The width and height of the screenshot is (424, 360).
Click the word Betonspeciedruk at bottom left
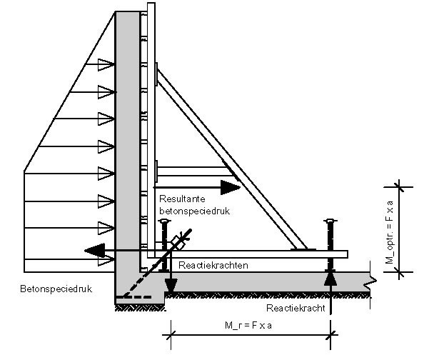point(56,289)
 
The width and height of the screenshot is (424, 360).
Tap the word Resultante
point(182,199)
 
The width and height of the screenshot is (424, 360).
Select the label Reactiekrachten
point(213,265)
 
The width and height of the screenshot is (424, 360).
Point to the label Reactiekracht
point(296,308)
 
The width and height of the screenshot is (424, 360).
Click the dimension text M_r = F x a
point(248,325)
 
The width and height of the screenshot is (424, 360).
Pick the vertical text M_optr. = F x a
point(390,232)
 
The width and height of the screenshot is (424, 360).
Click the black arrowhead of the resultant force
point(231,187)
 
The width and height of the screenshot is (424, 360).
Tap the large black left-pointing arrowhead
point(95,251)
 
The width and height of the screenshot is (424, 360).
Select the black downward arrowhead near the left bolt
point(171,286)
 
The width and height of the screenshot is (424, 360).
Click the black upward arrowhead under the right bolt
point(330,279)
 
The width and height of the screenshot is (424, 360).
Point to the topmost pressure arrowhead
point(106,65)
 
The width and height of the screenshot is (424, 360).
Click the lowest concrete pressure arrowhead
point(106,260)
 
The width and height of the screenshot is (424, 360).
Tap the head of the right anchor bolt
point(330,221)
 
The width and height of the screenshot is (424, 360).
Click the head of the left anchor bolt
point(164,221)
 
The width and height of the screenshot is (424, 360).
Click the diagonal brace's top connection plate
point(156,74)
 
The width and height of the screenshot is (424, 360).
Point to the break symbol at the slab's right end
point(371,281)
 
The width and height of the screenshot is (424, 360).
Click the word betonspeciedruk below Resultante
point(194,211)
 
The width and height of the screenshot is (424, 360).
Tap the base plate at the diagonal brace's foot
point(303,249)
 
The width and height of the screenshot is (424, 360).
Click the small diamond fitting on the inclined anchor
point(178,243)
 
